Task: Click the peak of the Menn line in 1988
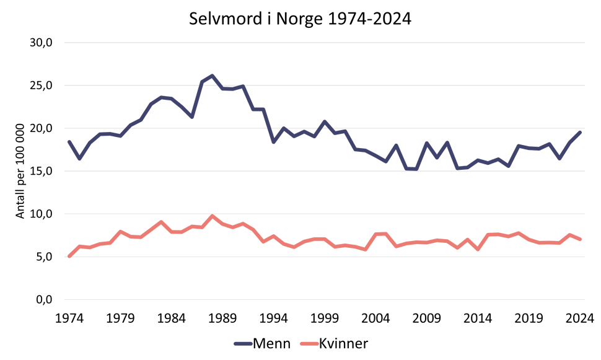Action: (x=213, y=76)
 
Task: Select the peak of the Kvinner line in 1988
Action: (x=213, y=216)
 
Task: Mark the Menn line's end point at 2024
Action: (x=580, y=132)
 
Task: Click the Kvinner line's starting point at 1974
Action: (x=69, y=256)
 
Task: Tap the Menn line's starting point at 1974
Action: (x=69, y=142)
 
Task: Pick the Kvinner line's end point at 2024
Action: (x=580, y=239)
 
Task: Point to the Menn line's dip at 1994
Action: (x=274, y=142)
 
